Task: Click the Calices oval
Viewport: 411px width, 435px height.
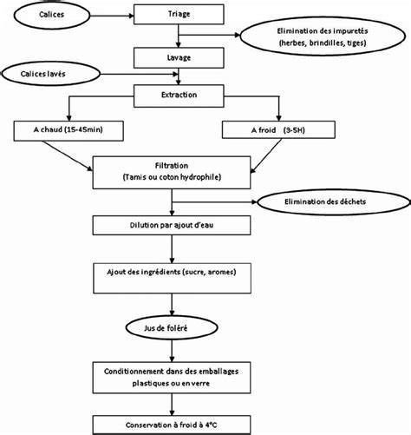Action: pos(52,16)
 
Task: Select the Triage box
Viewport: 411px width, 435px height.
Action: pos(179,14)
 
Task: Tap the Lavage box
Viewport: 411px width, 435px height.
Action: pos(179,58)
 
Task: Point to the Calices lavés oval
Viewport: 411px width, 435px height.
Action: pos(51,74)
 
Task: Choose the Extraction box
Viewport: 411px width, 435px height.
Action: pos(179,96)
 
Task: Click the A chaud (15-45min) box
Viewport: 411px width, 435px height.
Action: pos(68,131)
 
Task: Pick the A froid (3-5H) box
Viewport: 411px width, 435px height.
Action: pos(278,129)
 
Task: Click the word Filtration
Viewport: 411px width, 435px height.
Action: pos(172,166)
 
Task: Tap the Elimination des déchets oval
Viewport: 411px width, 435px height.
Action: pos(334,202)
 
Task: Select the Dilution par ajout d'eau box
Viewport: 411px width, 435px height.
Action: pos(172,225)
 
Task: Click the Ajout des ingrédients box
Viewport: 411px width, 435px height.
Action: pos(172,278)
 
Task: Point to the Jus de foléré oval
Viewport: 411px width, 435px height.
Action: pos(172,328)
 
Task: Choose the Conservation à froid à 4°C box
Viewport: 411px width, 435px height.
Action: pos(172,425)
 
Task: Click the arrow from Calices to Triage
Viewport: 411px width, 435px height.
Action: pos(112,16)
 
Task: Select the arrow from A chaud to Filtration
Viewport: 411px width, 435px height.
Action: pos(68,155)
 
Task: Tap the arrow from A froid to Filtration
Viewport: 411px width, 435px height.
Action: pos(265,156)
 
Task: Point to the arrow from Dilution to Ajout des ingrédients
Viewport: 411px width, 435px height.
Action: pos(172,249)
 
